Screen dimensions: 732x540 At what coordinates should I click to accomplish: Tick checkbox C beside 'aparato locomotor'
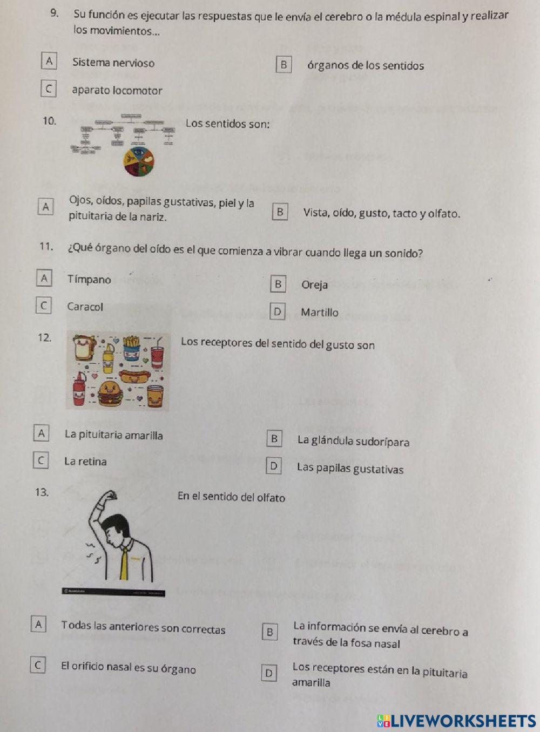click(49, 88)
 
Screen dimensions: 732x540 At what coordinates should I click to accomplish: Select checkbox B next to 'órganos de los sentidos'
click(283, 64)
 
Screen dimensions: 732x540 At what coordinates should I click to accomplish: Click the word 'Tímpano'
click(89, 279)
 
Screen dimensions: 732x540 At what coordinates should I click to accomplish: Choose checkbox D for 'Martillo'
click(277, 311)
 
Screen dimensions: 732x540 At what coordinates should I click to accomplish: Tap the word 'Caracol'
click(85, 307)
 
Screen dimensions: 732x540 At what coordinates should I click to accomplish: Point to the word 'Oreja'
click(314, 284)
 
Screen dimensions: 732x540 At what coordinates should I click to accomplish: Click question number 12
click(44, 338)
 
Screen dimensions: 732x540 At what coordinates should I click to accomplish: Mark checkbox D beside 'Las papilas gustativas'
click(274, 465)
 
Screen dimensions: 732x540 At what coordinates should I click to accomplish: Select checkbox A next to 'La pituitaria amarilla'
click(41, 433)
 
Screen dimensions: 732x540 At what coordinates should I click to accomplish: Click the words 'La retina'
click(85, 462)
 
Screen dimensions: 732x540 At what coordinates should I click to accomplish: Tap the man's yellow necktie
click(125, 561)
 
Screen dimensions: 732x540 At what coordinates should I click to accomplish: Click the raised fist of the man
click(111, 496)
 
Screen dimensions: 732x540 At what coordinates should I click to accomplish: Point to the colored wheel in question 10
click(139, 161)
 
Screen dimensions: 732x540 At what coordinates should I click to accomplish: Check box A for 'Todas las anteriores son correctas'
click(38, 624)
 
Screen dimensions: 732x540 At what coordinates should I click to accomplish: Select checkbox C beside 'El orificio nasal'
click(38, 665)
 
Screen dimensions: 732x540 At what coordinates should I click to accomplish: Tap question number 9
click(54, 13)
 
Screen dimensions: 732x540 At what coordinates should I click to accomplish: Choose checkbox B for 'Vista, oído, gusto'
click(280, 212)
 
